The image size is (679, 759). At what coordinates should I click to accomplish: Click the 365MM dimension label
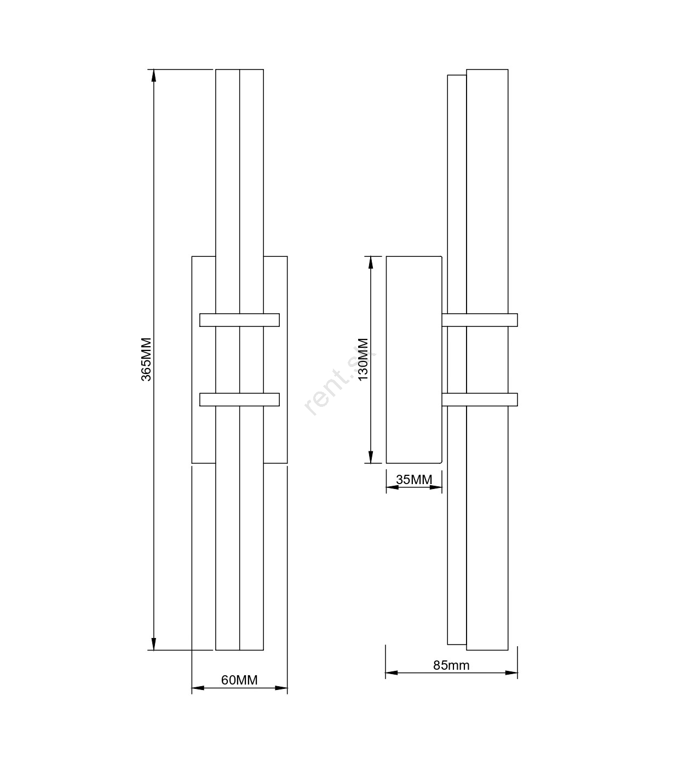point(146,360)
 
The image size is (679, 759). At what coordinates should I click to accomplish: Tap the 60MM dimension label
point(239,680)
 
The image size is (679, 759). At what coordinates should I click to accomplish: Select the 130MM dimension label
point(363,359)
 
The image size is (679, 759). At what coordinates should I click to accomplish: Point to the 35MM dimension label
point(414,480)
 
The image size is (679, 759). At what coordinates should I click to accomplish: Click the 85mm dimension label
point(451,665)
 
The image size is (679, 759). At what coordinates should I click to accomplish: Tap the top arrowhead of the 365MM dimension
point(154,76)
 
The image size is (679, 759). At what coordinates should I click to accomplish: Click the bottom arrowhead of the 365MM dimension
point(154,644)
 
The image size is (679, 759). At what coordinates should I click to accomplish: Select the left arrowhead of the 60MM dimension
point(198,688)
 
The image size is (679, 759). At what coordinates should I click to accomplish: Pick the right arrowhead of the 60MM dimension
point(281,688)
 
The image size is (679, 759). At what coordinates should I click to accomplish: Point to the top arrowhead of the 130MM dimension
point(371,263)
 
